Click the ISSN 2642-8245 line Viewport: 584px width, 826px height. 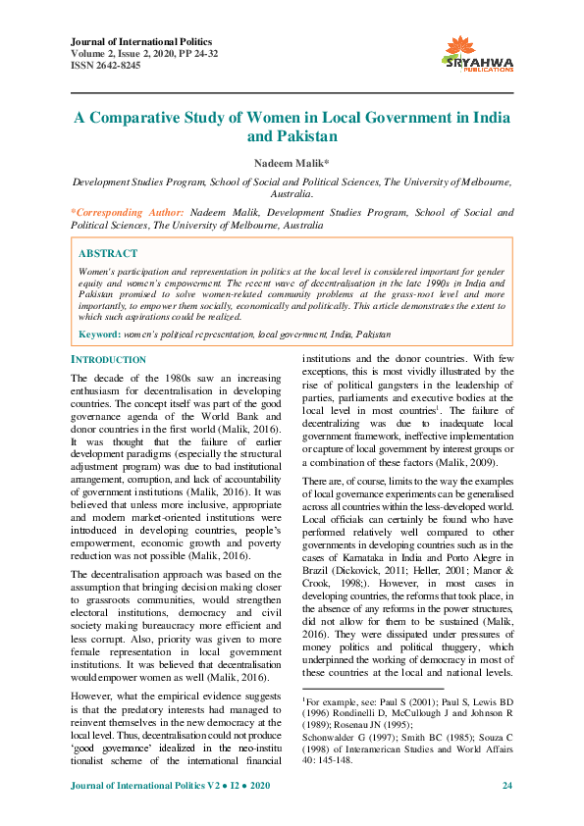click(x=107, y=65)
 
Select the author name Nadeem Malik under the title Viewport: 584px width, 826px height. click(x=291, y=161)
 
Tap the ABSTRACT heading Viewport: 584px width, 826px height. click(x=108, y=252)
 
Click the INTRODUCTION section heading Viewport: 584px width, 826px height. click(x=109, y=360)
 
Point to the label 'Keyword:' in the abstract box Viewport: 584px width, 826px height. click(x=99, y=335)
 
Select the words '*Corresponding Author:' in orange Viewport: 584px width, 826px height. click(x=127, y=212)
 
